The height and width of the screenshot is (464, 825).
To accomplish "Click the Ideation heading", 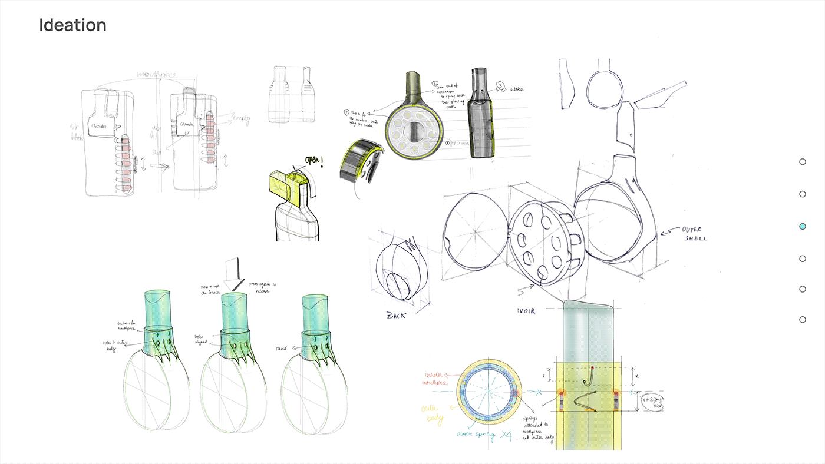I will tap(72, 25).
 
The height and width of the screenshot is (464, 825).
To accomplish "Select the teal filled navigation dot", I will tap(802, 226).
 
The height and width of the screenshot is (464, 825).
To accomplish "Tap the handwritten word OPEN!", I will tap(316, 160).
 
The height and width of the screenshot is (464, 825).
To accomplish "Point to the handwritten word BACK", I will tap(397, 316).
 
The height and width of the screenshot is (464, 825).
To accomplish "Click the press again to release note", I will tap(262, 287).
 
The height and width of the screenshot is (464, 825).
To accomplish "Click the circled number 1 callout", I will tap(434, 84).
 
